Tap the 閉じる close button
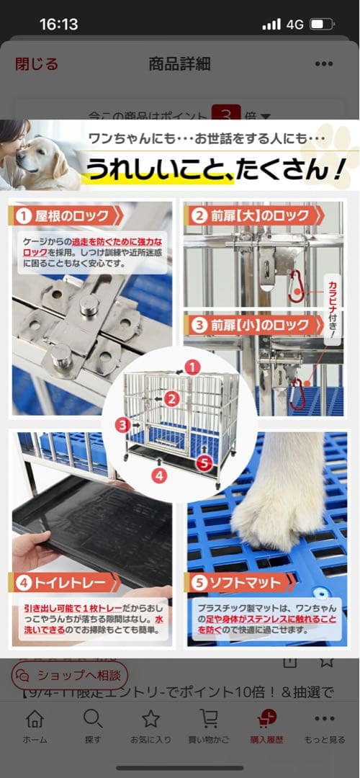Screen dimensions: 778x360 [37, 63]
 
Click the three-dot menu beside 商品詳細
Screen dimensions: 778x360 [323, 63]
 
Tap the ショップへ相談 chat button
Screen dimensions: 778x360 [70, 676]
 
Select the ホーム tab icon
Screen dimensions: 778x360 [35, 719]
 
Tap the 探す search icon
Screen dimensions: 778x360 [92, 719]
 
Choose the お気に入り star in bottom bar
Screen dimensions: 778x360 [150, 719]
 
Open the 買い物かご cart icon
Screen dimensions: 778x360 [209, 719]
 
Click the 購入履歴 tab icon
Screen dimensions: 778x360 [266, 719]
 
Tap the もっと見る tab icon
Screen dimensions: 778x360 [325, 719]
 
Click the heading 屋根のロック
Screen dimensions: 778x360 [72, 215]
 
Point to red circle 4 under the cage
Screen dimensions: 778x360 [159, 475]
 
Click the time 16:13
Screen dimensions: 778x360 [58, 24]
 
